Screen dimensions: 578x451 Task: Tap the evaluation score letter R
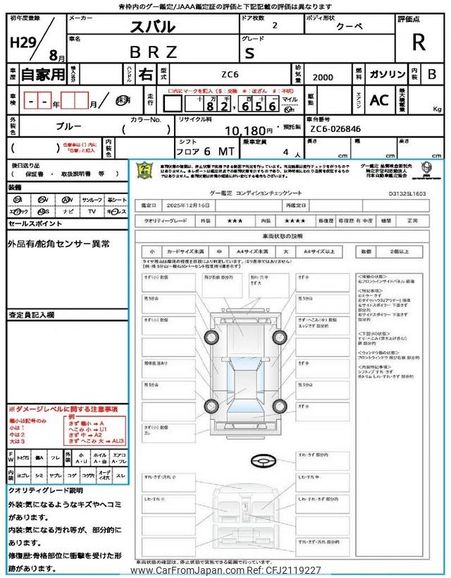pos(419,42)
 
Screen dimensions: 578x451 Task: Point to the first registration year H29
pos(24,42)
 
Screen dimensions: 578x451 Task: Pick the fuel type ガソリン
pos(388,73)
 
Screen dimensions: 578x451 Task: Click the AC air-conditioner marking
pos(379,100)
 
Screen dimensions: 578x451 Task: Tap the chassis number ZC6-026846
pos(335,130)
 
